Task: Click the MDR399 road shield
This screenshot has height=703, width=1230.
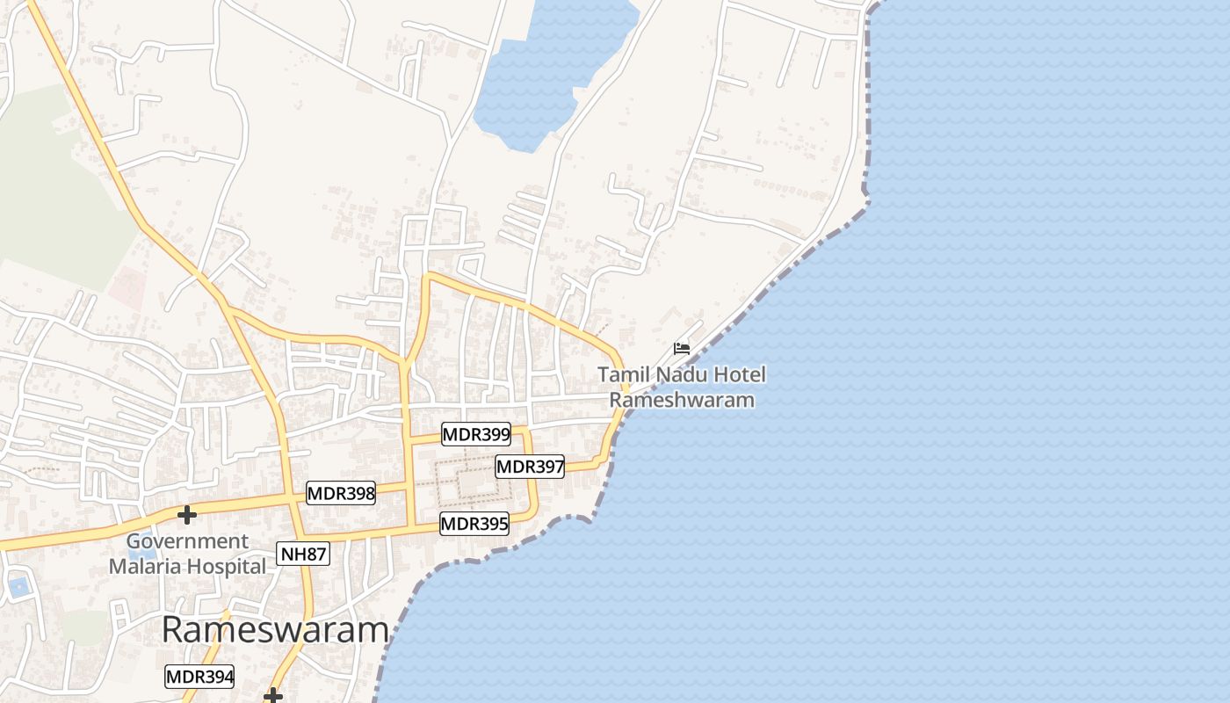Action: click(x=476, y=433)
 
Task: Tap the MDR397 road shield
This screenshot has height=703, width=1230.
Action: click(x=530, y=467)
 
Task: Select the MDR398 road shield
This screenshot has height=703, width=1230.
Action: click(x=341, y=494)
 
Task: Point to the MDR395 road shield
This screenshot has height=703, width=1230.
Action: click(x=474, y=525)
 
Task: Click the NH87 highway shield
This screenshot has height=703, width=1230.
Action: click(x=303, y=554)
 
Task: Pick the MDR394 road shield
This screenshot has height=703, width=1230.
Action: click(x=199, y=677)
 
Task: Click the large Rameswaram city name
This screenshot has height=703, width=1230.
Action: click(x=275, y=630)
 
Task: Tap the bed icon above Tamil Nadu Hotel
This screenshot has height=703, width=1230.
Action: click(x=681, y=348)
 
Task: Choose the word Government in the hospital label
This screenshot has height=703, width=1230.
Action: click(x=188, y=541)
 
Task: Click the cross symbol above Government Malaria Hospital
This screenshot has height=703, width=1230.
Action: click(x=186, y=514)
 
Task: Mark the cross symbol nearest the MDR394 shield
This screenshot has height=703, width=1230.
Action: click(x=273, y=696)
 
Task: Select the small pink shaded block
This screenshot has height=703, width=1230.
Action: click(x=128, y=286)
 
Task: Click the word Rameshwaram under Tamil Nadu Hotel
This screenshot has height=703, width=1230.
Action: click(x=682, y=400)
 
